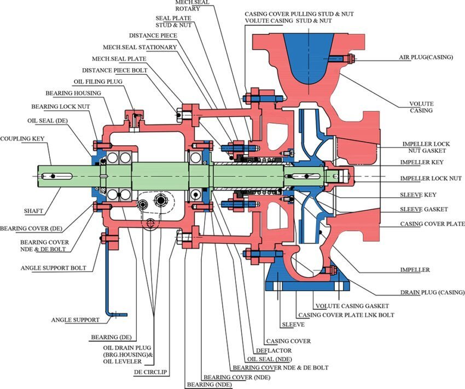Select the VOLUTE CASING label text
tap(421, 107)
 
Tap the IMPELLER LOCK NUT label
tap(431, 179)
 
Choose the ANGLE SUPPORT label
tap(75, 320)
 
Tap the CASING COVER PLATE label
tap(432, 224)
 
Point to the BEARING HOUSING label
tap(80, 93)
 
